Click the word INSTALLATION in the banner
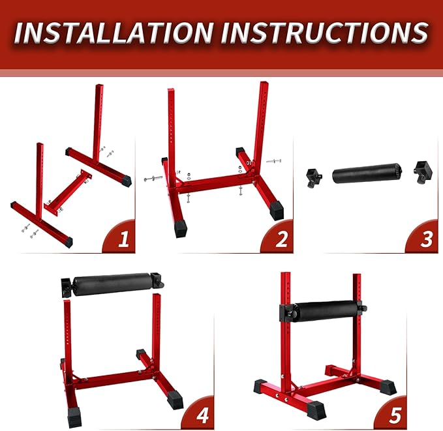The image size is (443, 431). pos(114,32)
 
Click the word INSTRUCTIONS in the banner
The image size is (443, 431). pos(325,32)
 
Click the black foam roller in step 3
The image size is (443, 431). pos(369,175)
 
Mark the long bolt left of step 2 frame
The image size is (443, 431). pos(154,178)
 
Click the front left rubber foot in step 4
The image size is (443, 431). pos(74,417)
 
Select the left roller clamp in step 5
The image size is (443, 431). pos(286,313)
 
